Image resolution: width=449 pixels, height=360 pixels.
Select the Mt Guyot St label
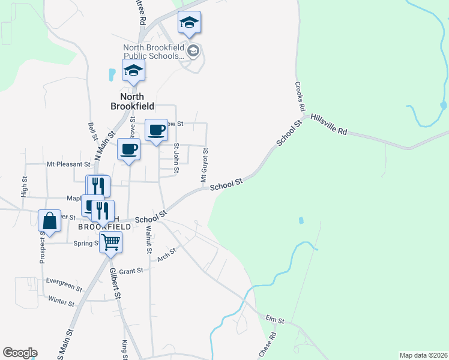tap(205, 166)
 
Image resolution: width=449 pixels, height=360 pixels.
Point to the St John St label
tap(176, 158)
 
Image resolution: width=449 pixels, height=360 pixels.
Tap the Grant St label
tap(131, 271)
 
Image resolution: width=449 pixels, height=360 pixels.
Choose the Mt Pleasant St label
tap(68, 163)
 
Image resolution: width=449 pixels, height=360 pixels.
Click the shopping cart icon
tap(110, 242)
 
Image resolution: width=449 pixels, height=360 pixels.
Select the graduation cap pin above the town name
tap(133, 71)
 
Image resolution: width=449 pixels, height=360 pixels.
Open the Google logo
tap(20, 353)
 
